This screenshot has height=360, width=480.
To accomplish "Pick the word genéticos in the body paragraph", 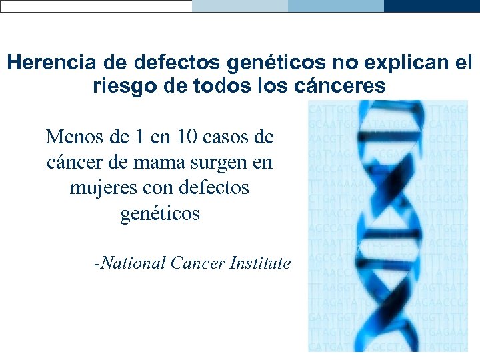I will (x=160, y=213).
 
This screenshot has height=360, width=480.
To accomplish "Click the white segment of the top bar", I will (x=96, y=5).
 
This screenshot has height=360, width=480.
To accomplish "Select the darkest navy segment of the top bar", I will (x=432, y=5).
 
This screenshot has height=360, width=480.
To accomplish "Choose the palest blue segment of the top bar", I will (x=240, y=5).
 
